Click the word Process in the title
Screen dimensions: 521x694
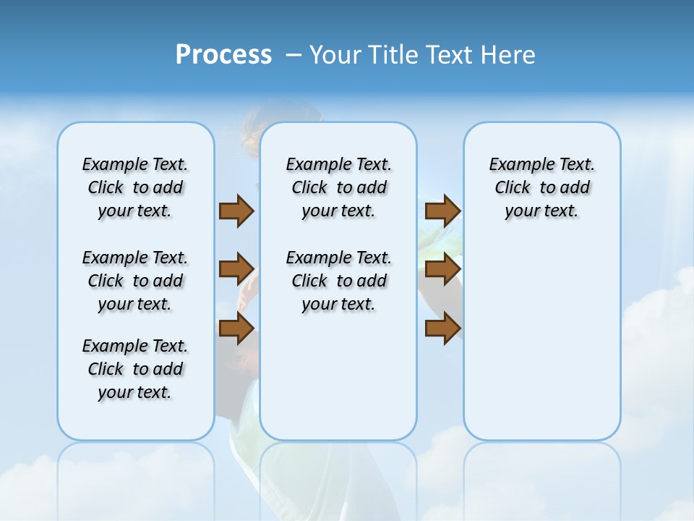click(223, 55)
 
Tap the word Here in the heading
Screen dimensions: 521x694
click(509, 55)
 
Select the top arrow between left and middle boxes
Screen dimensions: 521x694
click(236, 211)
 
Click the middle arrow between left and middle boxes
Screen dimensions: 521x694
click(236, 270)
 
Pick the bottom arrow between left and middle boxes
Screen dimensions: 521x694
click(236, 329)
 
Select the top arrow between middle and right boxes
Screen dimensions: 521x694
click(442, 211)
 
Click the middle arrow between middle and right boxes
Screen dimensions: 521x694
click(442, 270)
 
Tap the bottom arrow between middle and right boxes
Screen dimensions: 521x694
click(442, 329)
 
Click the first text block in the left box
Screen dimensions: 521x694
click(135, 187)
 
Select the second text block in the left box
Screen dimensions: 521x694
click(135, 281)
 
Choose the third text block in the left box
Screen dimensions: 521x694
click(135, 369)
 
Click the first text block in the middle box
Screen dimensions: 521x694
click(338, 187)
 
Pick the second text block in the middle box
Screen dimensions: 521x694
click(338, 281)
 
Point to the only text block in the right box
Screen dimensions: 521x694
click(542, 187)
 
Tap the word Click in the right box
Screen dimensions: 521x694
click(513, 188)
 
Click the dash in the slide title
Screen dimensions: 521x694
click(294, 55)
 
